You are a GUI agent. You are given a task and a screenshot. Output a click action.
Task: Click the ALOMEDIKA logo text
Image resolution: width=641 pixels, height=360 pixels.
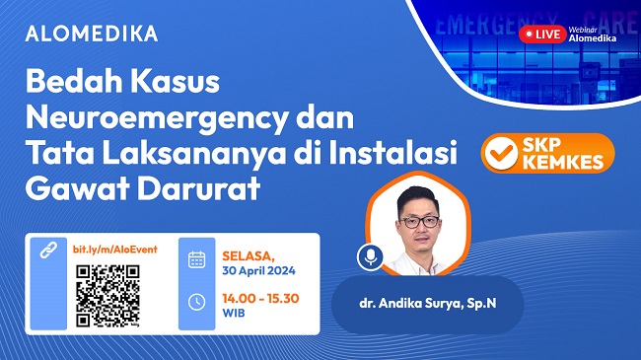coord(91,34)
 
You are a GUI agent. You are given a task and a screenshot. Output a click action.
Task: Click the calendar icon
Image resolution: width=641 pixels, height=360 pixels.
coord(196,259)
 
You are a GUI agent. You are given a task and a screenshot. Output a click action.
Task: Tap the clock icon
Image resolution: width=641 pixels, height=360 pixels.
coord(196,302)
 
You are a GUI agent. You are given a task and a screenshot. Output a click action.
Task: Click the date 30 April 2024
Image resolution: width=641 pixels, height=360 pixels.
coord(257,269)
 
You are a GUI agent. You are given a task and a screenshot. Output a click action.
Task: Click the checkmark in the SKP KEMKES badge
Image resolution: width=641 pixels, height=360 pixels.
coord(501,156)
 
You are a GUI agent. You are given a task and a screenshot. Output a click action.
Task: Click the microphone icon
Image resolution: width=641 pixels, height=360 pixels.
coord(371,258)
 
